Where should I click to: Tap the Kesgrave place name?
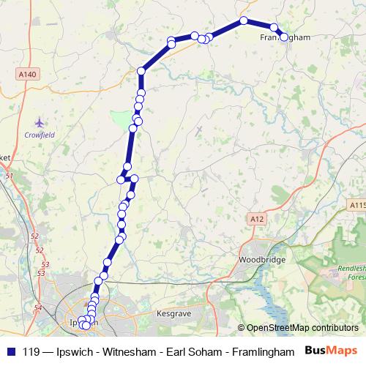coord(173,313)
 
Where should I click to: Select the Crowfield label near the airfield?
coord(40,135)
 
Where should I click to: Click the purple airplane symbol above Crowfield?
coord(39,122)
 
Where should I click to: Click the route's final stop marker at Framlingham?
coord(284,37)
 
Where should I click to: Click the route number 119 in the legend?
coord(32,351)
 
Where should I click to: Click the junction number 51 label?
coord(10,176)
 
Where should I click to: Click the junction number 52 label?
coord(35,236)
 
